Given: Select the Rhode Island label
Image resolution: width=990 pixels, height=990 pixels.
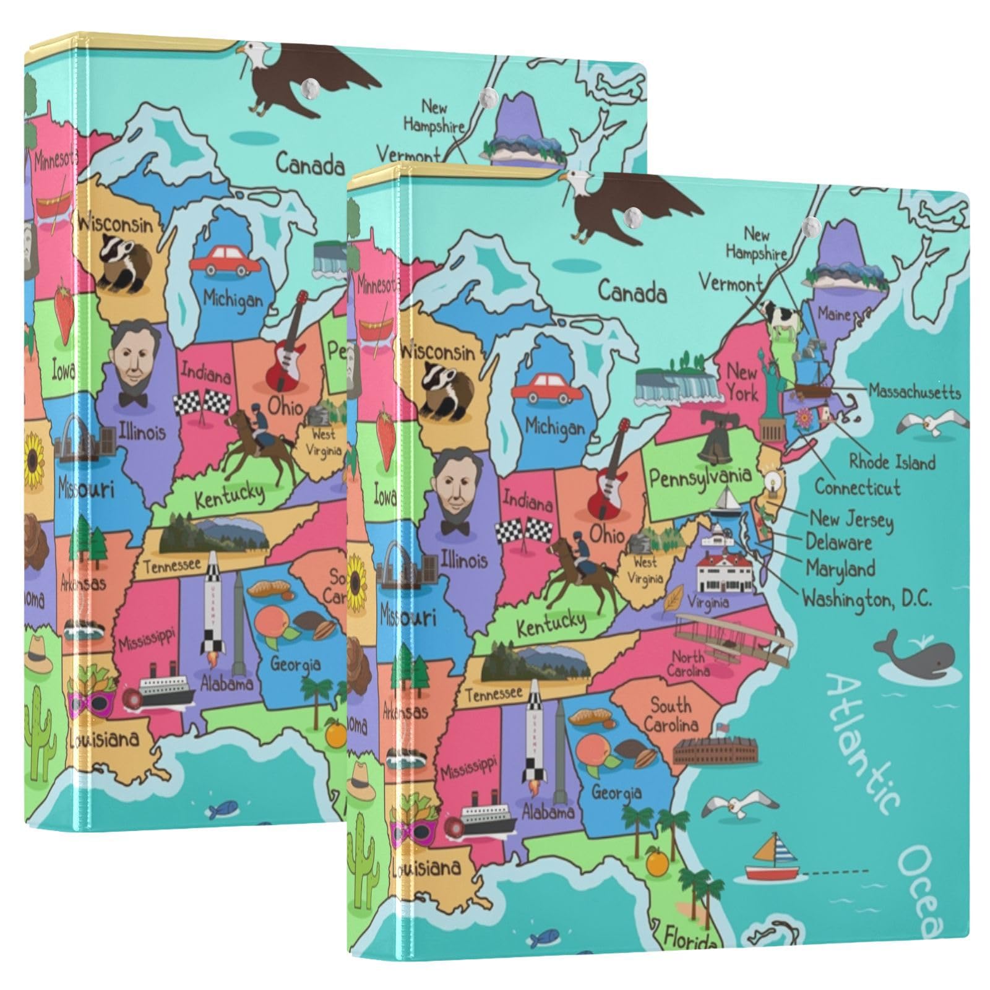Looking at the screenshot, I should tap(892, 462).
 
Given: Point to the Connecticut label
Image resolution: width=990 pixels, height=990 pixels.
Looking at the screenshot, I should tap(857, 488).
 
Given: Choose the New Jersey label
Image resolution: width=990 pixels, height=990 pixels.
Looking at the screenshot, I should tap(851, 520).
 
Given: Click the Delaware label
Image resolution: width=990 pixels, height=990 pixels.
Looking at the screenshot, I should tap(838, 543).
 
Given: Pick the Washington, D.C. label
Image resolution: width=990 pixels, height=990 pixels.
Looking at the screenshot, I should tap(867, 598).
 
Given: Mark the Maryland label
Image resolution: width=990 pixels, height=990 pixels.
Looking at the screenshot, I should tap(840, 568).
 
